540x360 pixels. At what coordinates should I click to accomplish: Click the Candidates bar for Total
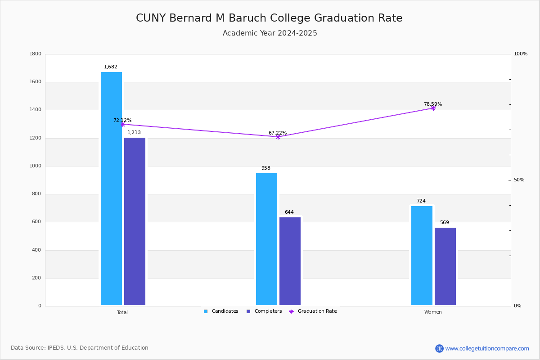[111, 189]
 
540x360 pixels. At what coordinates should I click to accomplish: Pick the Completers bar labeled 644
[290, 261]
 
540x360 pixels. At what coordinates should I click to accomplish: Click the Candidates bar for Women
[422, 256]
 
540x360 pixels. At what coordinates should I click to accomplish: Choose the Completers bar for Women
[445, 266]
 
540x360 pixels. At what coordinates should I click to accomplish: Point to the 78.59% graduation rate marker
[433, 108]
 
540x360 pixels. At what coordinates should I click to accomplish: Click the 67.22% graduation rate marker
[278, 137]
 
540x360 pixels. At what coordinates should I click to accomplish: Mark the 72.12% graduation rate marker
[122, 124]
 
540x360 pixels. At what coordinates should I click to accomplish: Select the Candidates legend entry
[221, 311]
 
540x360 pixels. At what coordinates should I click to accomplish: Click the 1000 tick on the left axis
[36, 166]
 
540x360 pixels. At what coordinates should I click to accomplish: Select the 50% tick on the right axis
[519, 180]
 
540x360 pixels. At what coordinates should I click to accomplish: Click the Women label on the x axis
[433, 312]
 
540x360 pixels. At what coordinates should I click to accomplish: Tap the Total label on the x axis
[122, 312]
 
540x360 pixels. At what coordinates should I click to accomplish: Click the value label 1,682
[111, 67]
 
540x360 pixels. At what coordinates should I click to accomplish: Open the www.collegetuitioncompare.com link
[487, 348]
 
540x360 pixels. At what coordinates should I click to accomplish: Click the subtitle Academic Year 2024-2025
[270, 33]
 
